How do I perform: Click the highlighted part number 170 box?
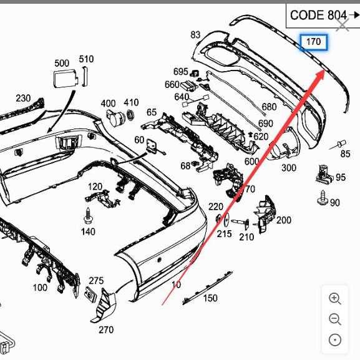[x=314, y=42]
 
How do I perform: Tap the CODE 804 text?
[x=319, y=15]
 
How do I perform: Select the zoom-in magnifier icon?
[x=335, y=299]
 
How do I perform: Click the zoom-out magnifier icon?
[x=335, y=319]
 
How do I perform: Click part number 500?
[x=62, y=63]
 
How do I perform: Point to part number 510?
[x=86, y=59]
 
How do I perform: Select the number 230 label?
[x=23, y=98]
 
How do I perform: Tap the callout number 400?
[x=108, y=103]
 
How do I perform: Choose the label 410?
[x=131, y=102]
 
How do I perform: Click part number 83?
[x=195, y=35]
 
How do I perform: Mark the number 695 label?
[x=180, y=72]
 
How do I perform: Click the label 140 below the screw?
[x=88, y=231]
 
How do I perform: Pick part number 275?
[x=96, y=281]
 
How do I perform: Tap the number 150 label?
[x=210, y=298]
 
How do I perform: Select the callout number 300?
[x=289, y=168]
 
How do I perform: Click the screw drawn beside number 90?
[x=323, y=200]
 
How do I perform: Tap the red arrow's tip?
[x=323, y=71]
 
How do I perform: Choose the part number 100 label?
[x=40, y=288]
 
